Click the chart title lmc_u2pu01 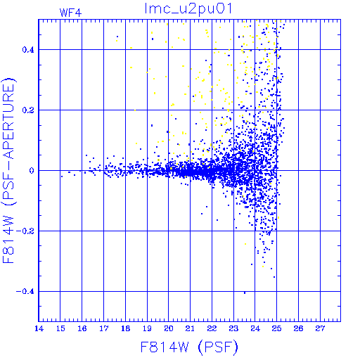[188, 9]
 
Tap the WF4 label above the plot [70, 13]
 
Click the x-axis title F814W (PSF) [189, 347]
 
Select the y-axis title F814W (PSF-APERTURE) [8, 171]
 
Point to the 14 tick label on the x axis [39, 328]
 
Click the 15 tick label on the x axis [60, 328]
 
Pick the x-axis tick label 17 [103, 328]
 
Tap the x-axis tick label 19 [147, 328]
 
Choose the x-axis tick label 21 [190, 328]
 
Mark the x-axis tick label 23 [233, 328]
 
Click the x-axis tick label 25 [277, 328]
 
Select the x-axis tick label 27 [320, 328]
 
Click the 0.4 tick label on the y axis [28, 50]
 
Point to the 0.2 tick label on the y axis [28, 110]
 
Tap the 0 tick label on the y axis [32, 171]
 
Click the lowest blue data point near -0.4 [245, 292]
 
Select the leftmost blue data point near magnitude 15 [62, 176]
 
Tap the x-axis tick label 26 [298, 328]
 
